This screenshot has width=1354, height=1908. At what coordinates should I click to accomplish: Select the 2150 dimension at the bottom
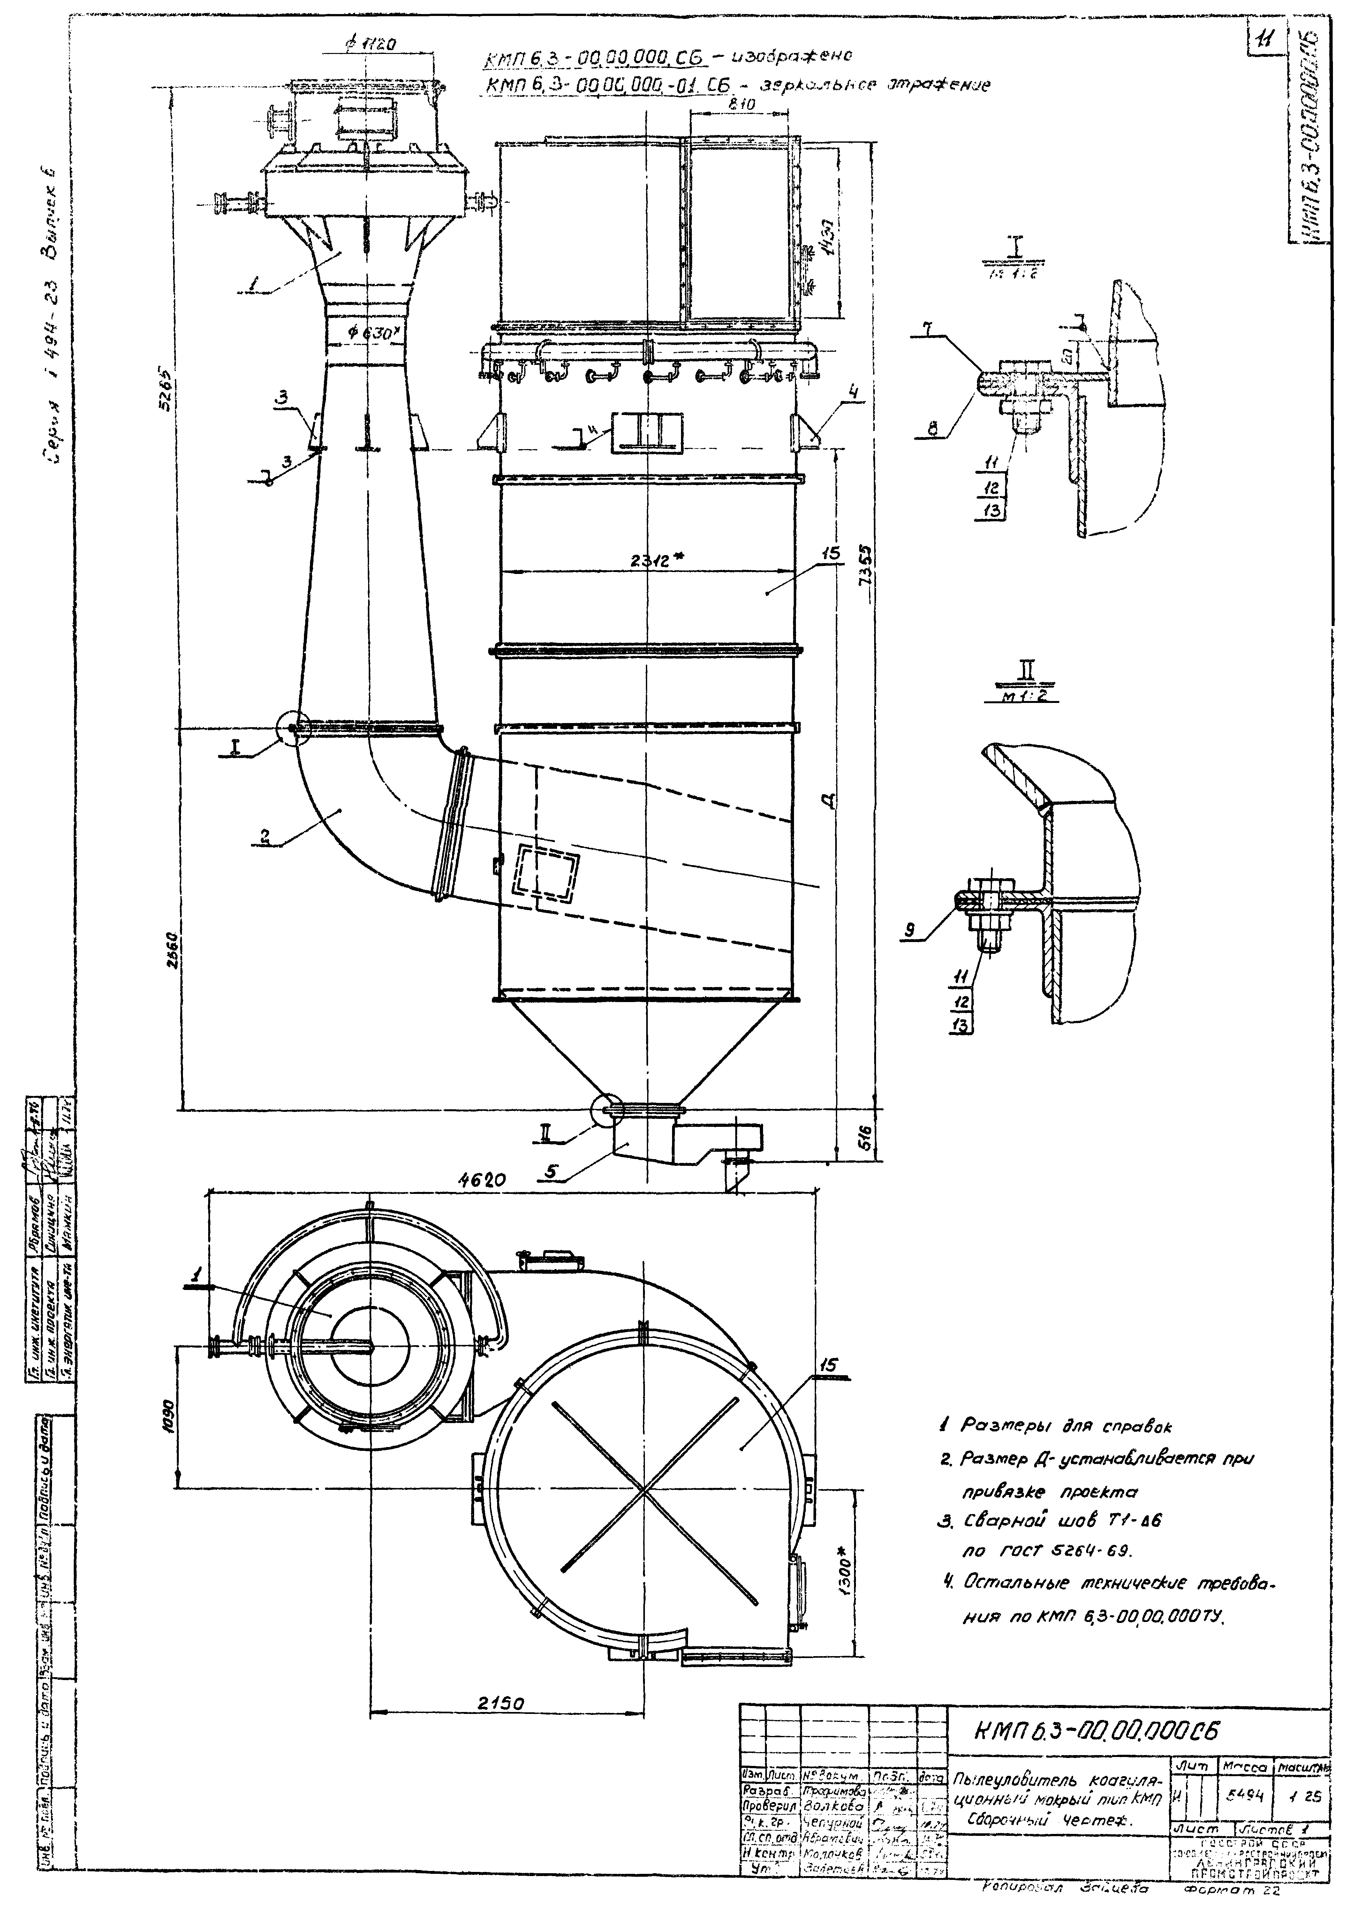[500, 1704]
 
